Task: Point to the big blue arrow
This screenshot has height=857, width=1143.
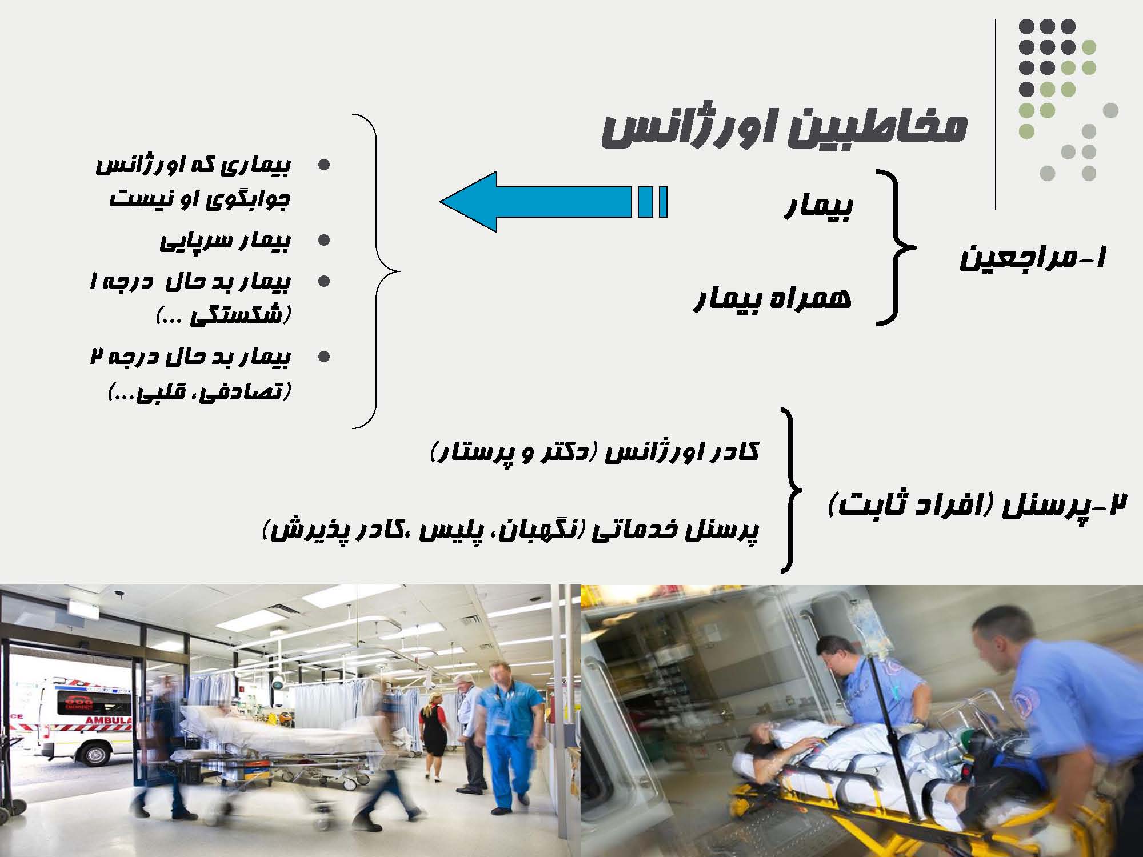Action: click(553, 202)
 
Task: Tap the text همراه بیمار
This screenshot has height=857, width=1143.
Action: click(772, 298)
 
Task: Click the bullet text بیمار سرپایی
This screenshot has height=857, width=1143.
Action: click(225, 240)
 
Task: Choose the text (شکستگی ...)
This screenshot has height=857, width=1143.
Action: click(223, 315)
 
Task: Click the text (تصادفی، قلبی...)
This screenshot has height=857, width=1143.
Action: click(199, 391)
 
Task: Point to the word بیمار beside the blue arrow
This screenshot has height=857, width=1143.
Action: click(818, 206)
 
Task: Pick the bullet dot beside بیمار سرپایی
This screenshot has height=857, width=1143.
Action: click(324, 241)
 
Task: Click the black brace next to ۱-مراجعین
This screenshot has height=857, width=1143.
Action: click(896, 247)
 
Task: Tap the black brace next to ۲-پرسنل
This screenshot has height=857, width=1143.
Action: click(792, 490)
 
